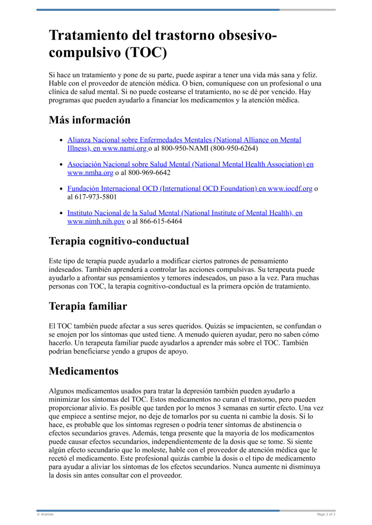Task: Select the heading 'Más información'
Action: point(90,120)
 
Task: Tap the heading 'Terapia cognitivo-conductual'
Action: point(119,241)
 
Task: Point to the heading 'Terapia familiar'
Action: point(88,306)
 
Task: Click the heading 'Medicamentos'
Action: point(84,371)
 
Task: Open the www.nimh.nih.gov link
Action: point(96,222)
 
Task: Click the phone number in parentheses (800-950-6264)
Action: point(234,149)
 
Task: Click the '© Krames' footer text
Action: point(45,514)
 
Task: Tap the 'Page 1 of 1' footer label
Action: point(326,514)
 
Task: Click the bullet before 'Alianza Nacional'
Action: point(62,140)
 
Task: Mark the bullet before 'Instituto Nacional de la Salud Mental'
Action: point(62,213)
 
